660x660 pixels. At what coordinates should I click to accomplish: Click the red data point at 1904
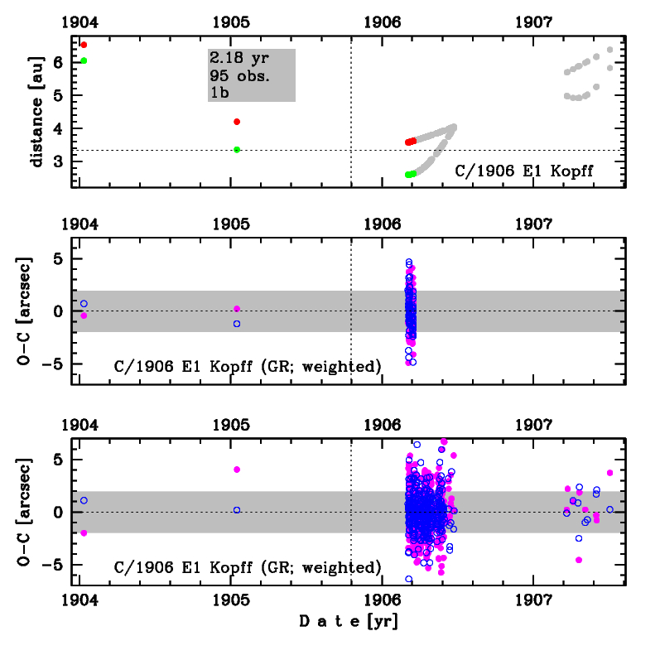pos(84,45)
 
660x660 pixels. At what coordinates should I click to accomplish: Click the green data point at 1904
pos(84,60)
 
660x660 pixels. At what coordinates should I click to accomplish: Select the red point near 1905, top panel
pos(237,122)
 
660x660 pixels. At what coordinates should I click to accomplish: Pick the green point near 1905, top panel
pos(237,150)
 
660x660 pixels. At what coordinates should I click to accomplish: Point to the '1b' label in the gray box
pos(219,93)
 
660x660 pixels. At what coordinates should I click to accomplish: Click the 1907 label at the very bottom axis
pos(532,599)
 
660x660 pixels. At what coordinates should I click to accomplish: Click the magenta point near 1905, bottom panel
pos(237,470)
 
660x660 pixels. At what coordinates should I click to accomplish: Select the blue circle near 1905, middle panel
pos(237,324)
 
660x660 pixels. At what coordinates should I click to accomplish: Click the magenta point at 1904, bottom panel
pos(84,532)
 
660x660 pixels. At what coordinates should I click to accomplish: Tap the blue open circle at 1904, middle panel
pos(84,304)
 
